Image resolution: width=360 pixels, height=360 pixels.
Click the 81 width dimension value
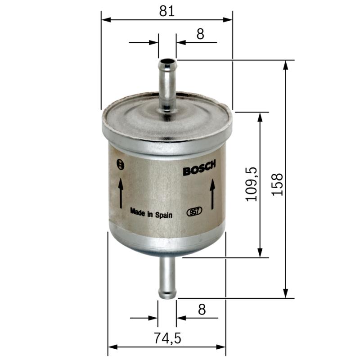pos(166,11)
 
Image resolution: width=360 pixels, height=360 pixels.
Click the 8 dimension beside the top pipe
pos(200,34)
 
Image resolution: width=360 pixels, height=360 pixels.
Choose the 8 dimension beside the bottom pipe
pos(201,310)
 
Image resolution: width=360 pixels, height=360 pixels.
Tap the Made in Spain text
pos(151,212)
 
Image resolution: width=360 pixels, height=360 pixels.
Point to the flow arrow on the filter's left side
pos(121,193)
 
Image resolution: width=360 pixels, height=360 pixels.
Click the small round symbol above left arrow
pos(119,164)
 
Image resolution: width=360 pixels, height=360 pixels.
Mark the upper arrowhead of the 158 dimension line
pos(285,64)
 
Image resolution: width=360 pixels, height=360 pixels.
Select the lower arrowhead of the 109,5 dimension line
pos(260,254)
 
